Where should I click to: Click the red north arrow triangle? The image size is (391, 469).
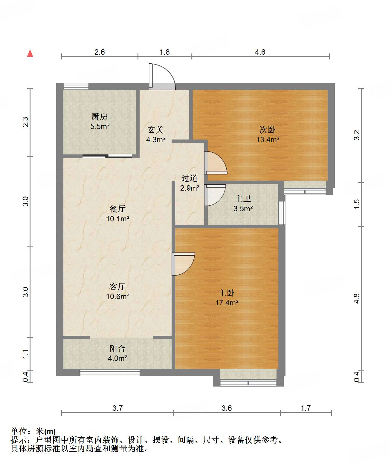(x=30, y=53)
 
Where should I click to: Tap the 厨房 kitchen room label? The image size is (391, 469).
(x=99, y=117)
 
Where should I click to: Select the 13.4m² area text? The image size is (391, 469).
(x=268, y=140)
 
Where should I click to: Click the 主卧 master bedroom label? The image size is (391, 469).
(x=226, y=293)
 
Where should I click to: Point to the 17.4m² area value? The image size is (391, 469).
(x=227, y=303)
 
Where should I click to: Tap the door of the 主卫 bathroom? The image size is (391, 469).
(x=215, y=194)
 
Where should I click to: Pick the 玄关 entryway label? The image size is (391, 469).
(x=156, y=130)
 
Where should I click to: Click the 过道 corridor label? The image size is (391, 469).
(x=190, y=178)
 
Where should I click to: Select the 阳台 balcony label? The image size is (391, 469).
(x=117, y=348)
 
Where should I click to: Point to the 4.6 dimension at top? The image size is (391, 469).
(x=260, y=52)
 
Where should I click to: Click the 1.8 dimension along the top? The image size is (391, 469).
(x=164, y=52)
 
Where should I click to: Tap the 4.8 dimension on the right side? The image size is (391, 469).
(x=356, y=298)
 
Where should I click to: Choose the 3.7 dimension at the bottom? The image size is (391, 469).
(x=117, y=408)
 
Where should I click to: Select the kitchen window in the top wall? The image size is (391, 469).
(x=76, y=86)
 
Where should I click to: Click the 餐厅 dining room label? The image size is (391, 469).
(x=117, y=209)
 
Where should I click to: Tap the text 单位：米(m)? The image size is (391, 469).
(x=33, y=431)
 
